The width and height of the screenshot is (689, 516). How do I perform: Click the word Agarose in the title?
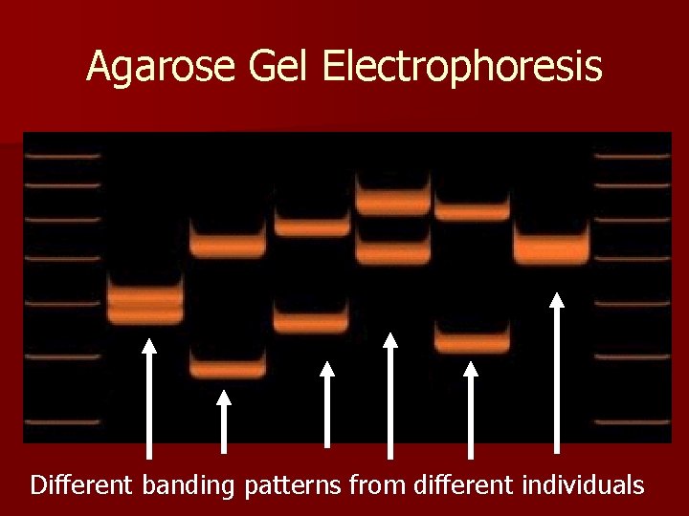coord(156,67)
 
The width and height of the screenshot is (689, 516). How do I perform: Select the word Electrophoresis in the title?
coord(463,67)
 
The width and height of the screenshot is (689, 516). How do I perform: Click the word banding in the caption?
coord(188,485)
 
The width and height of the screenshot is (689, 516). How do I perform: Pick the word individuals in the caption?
coord(584,484)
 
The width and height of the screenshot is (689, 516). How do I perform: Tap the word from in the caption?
coord(379,484)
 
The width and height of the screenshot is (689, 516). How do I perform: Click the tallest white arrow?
coord(557,372)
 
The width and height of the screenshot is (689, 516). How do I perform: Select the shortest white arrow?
coord(224,420)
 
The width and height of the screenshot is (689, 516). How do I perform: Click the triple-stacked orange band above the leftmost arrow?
coord(144,300)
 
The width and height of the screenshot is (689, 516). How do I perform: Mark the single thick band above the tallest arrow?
coord(551,247)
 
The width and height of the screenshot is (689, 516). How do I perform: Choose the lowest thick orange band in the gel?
coord(227,366)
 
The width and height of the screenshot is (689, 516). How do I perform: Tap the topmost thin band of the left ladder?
coord(61,155)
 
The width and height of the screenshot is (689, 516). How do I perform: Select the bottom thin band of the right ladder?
coord(633,421)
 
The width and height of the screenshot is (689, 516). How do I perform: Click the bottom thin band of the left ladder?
coord(61,421)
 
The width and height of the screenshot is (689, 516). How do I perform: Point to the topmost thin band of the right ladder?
coord(633,155)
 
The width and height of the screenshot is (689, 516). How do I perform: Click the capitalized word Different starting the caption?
coord(83,484)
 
